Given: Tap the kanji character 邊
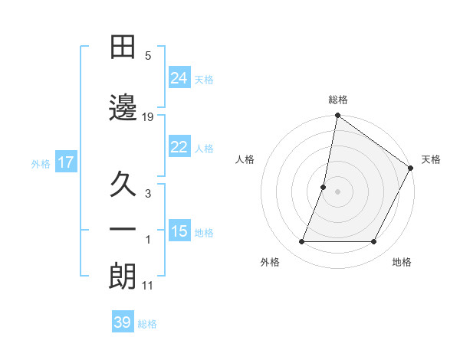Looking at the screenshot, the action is pyautogui.click(x=123, y=107).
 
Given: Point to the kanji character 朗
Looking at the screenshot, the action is pyautogui.click(x=123, y=277).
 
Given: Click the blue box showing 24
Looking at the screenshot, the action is pyautogui.click(x=179, y=77).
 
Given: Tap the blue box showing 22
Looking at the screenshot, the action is pyautogui.click(x=179, y=147).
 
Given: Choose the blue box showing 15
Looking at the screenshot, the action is pyautogui.click(x=179, y=231).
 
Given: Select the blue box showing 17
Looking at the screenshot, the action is pyautogui.click(x=65, y=162).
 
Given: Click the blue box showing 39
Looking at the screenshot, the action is pyautogui.click(x=122, y=322).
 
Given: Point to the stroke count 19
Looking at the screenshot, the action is pyautogui.click(x=149, y=116).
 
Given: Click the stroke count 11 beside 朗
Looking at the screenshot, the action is pyautogui.click(x=149, y=286).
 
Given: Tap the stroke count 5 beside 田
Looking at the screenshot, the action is pyautogui.click(x=149, y=55).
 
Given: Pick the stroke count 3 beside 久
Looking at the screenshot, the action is pyautogui.click(x=149, y=194).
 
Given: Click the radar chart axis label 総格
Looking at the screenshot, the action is pyautogui.click(x=337, y=100).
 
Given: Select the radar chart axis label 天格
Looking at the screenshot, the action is pyautogui.click(x=431, y=159).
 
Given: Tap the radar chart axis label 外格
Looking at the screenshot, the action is pyautogui.click(x=270, y=262).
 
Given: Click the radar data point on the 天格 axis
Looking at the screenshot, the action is pyautogui.click(x=411, y=169).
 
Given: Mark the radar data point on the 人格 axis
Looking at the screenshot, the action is pyautogui.click(x=324, y=187).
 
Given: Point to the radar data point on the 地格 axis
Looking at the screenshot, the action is pyautogui.click(x=374, y=242).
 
